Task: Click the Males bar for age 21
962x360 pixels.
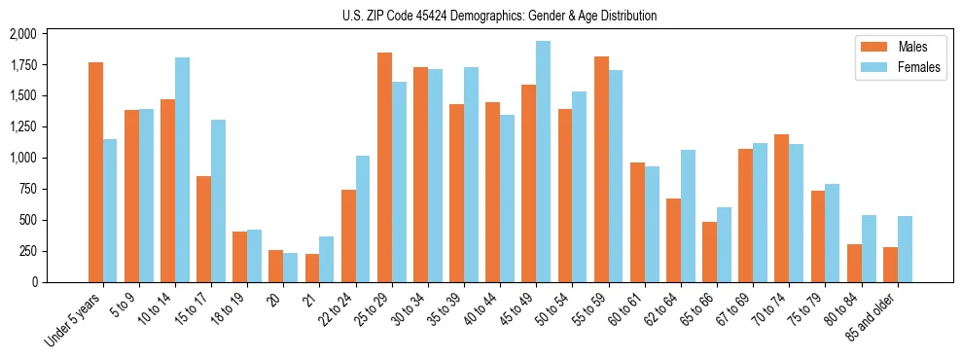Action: point(312,268)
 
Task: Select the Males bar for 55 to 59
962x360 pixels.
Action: point(601,169)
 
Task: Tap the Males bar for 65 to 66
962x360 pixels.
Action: point(709,252)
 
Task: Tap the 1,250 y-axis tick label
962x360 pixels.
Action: point(22,126)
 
